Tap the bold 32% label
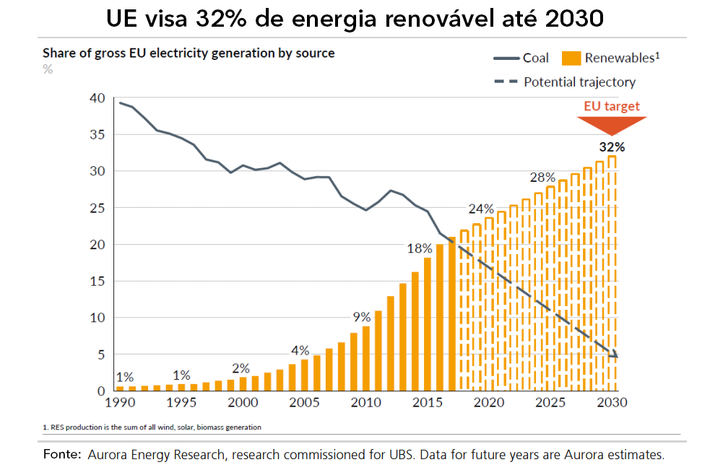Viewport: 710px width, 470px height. coord(612,147)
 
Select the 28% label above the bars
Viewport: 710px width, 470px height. coord(542,177)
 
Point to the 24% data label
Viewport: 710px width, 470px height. coord(481,210)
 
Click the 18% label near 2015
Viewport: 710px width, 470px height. coord(420,249)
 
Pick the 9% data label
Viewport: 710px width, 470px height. coord(361,316)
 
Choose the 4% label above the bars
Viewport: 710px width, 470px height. coord(300,351)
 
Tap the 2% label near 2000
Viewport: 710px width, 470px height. coord(241,367)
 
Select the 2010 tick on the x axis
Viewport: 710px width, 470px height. coord(367,402)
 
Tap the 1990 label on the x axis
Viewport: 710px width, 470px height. coord(121,402)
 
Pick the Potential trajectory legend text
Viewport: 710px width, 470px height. coord(580,82)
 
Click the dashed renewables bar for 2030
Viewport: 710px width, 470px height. coord(612,274)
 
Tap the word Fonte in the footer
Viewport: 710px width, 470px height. coord(61,455)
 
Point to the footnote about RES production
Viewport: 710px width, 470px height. coord(151,427)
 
